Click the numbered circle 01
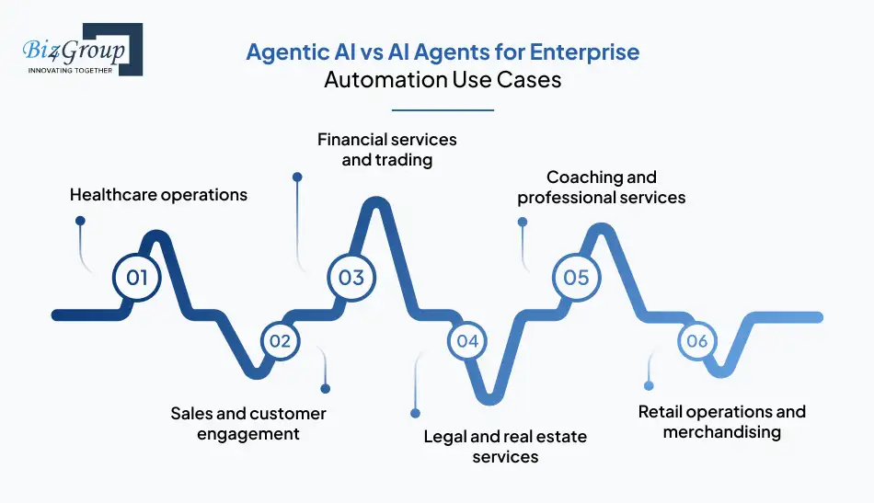136,277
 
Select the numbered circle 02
280,341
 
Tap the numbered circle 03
351,277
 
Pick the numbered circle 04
467,341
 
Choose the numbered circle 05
576,277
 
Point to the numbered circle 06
696,341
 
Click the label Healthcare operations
158,194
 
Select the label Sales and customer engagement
248,423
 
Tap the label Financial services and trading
386,149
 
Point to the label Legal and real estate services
505,446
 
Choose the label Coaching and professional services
601,187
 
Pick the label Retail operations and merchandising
722,421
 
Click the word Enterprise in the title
591,51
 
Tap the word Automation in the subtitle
385,79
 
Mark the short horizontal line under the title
443,109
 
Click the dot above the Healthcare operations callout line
80,221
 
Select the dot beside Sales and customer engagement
325,388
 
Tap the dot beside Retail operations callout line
649,385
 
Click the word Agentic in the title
280,51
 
